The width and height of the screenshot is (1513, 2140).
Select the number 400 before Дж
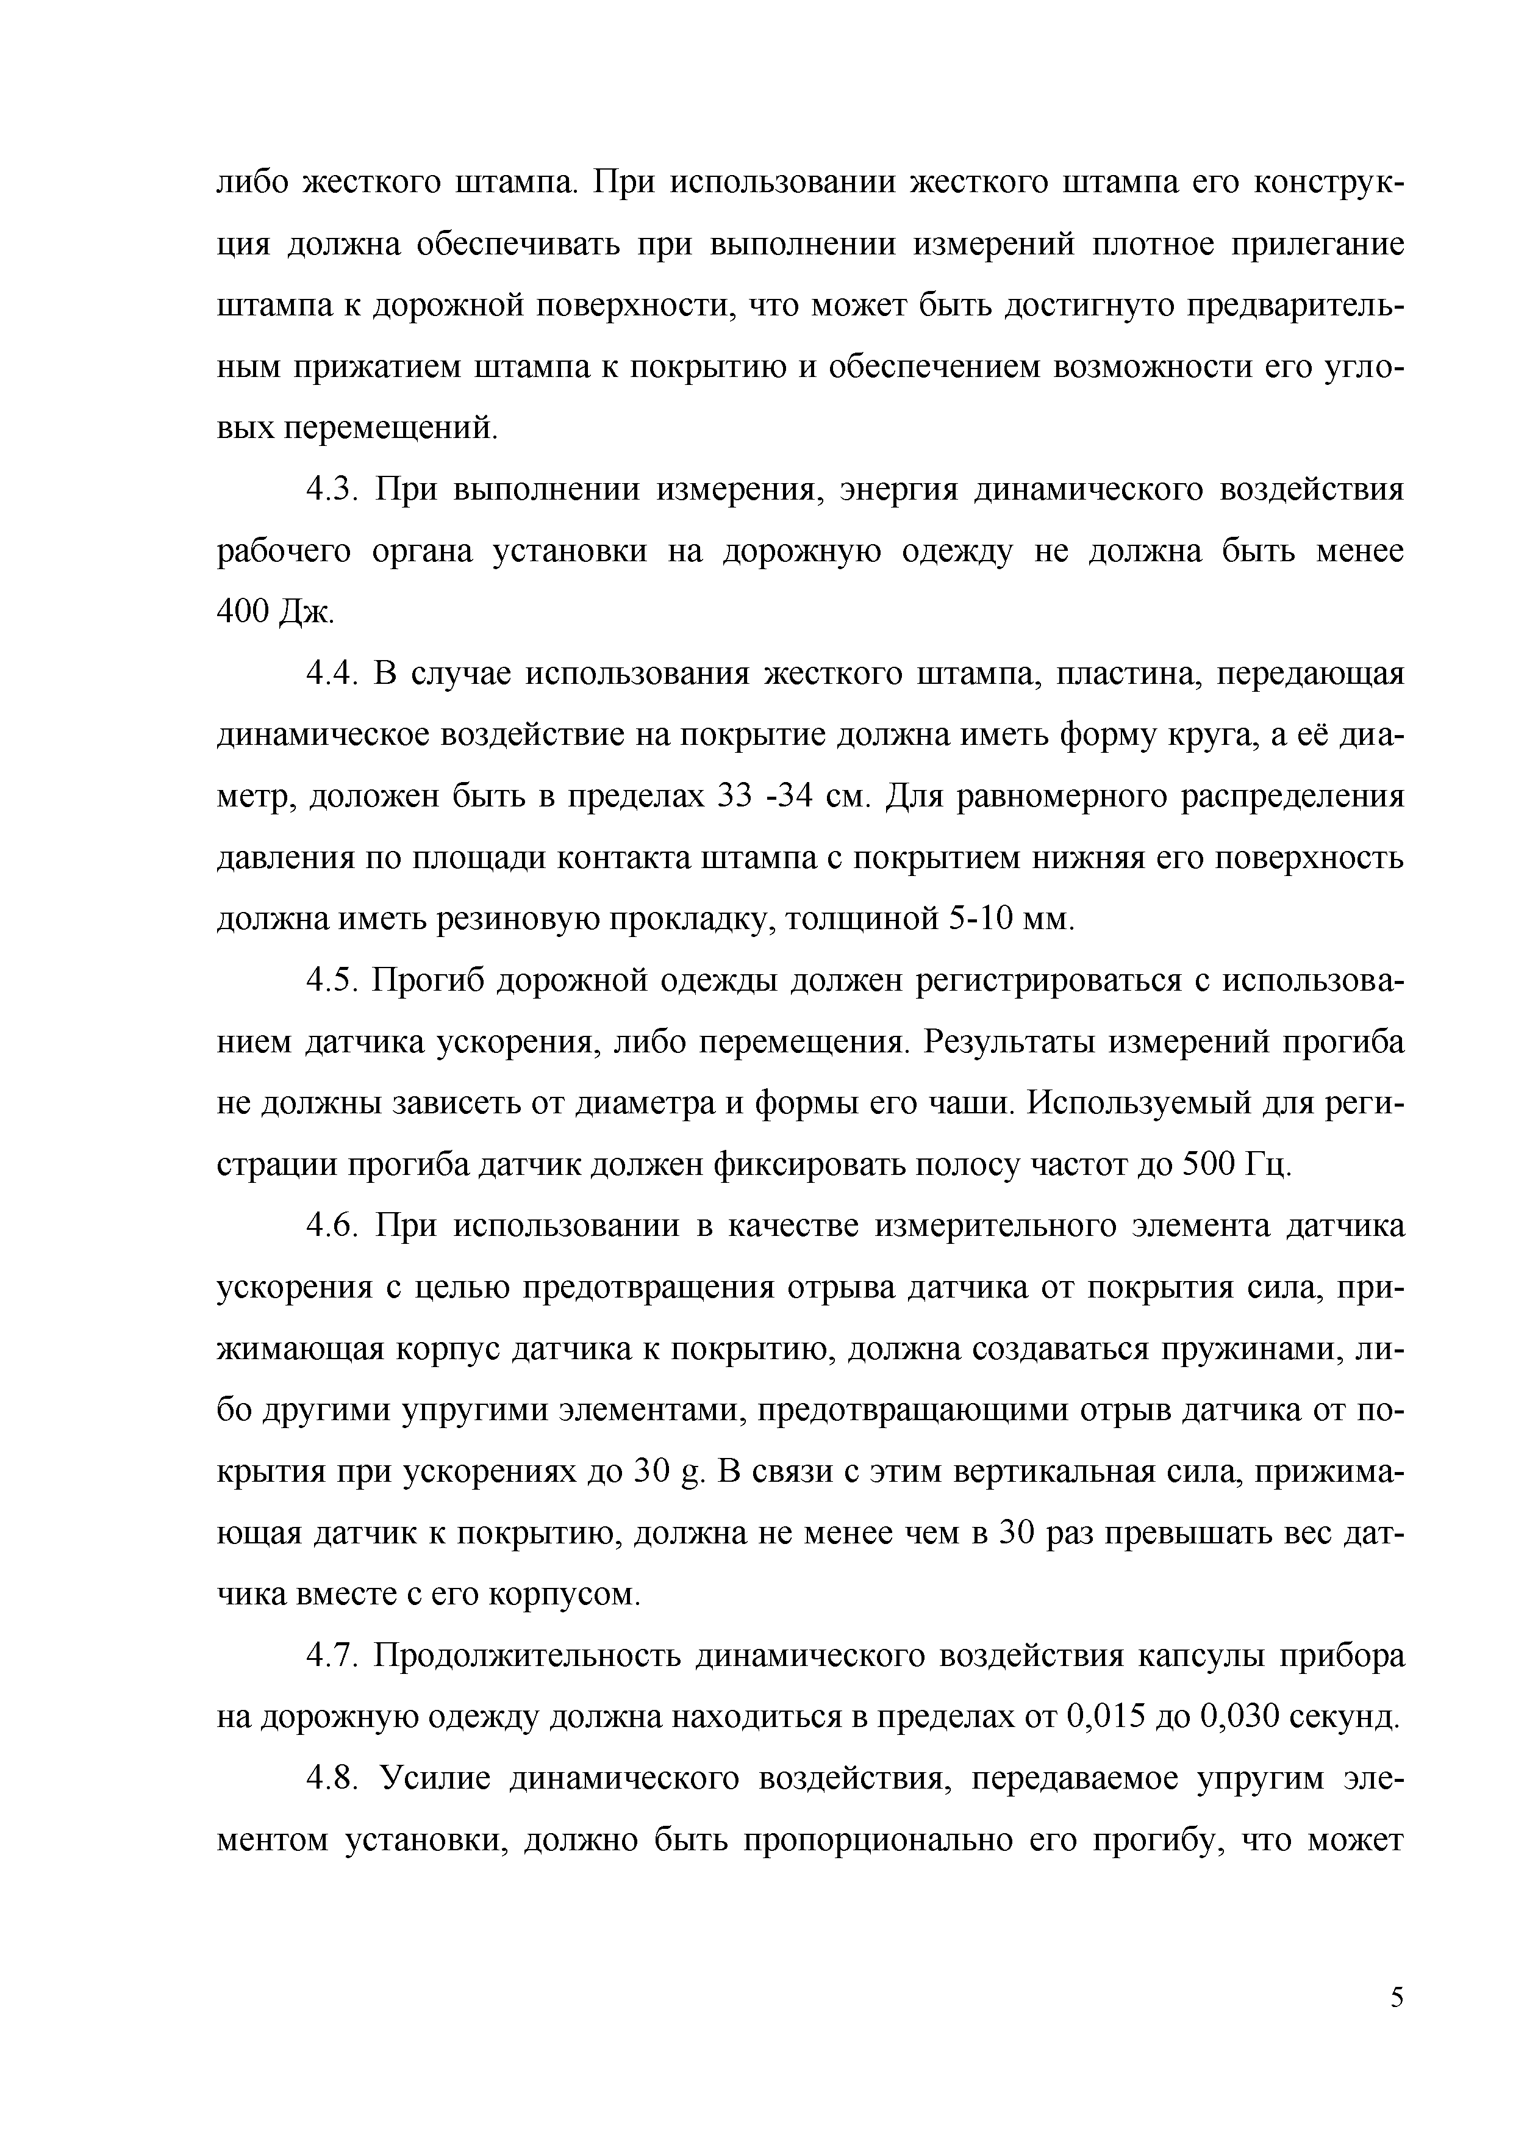244,611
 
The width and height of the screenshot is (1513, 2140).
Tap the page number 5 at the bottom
1397,2023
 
